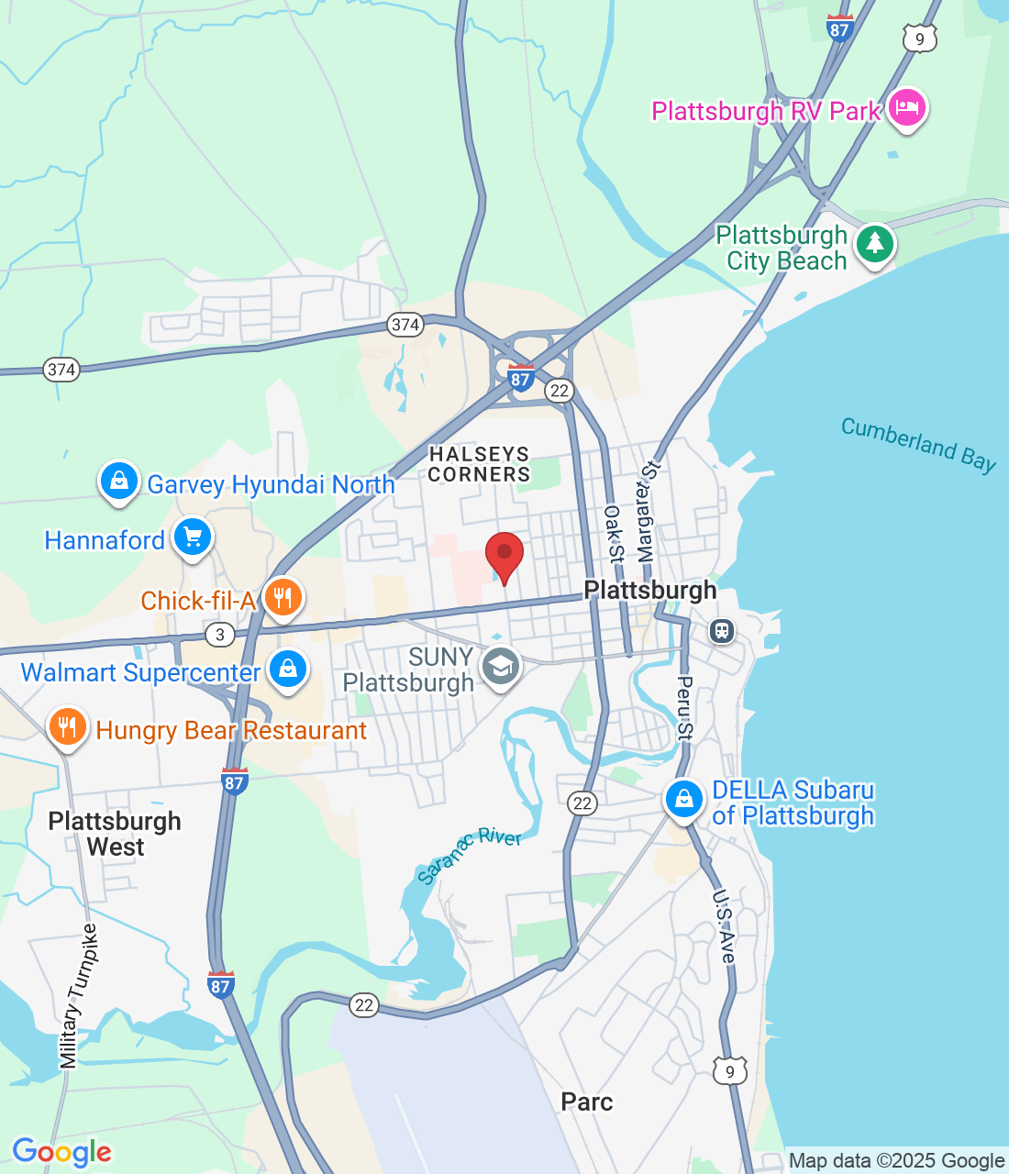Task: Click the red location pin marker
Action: (504, 555)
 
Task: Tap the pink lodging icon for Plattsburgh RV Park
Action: (907, 108)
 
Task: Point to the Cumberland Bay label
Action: (918, 444)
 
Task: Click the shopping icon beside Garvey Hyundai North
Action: (119, 481)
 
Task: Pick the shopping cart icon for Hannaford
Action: (193, 537)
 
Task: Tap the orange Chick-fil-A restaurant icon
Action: (283, 598)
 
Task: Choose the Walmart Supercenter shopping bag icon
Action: (288, 670)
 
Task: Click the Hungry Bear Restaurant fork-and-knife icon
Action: (67, 727)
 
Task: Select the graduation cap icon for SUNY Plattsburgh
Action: (501, 667)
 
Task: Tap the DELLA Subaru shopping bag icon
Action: (683, 799)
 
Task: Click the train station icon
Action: (722, 631)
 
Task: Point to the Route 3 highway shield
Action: (219, 634)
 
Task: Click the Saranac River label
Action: (469, 854)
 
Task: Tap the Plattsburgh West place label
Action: (115, 834)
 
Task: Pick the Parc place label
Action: (587, 1102)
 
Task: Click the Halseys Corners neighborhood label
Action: (479, 464)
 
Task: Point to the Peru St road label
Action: (684, 707)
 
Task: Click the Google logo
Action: (61, 1152)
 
